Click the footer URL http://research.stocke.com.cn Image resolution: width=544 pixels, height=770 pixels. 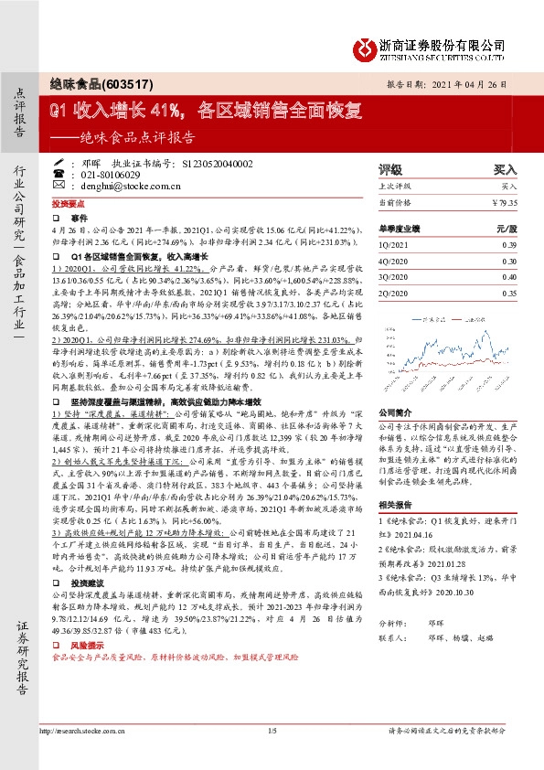point(77,756)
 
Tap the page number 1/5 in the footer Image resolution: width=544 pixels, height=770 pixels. point(272,756)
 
